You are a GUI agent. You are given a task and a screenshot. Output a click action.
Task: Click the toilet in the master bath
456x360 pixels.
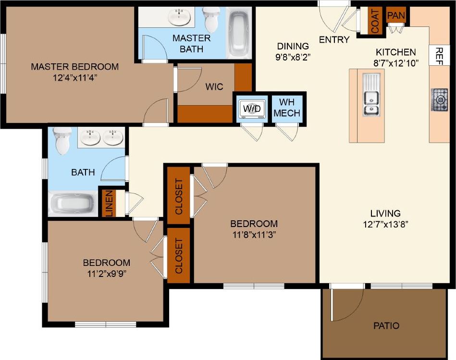(210, 19)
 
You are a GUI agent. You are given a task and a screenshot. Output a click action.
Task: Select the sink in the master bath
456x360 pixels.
(179, 18)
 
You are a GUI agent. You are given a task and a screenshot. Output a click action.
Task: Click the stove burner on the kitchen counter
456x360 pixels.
(440, 99)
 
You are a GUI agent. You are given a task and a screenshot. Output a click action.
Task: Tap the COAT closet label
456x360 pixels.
(375, 22)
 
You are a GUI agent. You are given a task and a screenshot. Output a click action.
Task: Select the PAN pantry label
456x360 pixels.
(396, 16)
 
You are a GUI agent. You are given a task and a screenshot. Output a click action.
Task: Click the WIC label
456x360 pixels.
(214, 87)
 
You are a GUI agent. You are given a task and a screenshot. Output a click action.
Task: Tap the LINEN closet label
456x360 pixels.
(110, 203)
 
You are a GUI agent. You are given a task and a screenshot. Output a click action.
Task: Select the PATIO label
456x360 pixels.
(386, 326)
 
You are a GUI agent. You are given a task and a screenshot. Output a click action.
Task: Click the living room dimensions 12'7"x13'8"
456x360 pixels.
(385, 224)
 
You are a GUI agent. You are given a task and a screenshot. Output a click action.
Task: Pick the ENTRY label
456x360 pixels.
(334, 40)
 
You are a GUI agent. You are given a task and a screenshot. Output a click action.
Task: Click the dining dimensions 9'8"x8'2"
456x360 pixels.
(293, 56)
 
